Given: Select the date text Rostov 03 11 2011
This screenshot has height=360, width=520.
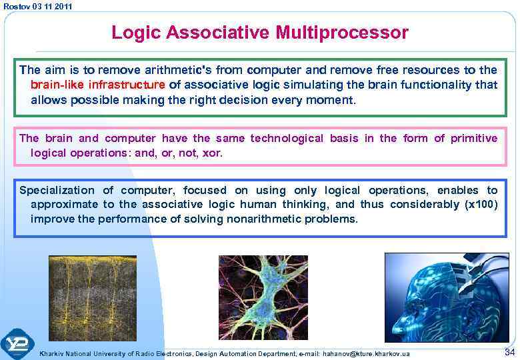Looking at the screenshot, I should coord(37,6).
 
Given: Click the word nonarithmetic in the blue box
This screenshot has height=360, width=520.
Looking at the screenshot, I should coord(266,219).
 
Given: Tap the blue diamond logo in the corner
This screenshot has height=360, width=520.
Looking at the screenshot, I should coord(17,345).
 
